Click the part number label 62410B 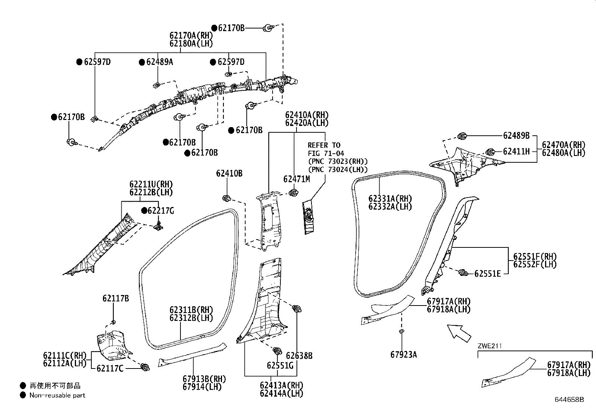click(x=229, y=174)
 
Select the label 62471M click(x=297, y=179)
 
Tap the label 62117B click(x=116, y=298)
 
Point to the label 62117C click(x=110, y=369)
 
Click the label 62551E click(x=487, y=274)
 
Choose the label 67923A click(x=403, y=355)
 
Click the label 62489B click(x=516, y=136)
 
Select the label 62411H click(x=516, y=151)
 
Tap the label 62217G click(x=160, y=211)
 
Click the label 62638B click(x=299, y=355)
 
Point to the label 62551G click(x=280, y=365)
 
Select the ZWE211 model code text click(x=489, y=346)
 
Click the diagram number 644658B click(x=569, y=400)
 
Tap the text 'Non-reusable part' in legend click(x=57, y=395)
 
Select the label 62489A click(x=159, y=62)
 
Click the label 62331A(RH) click(x=390, y=199)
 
